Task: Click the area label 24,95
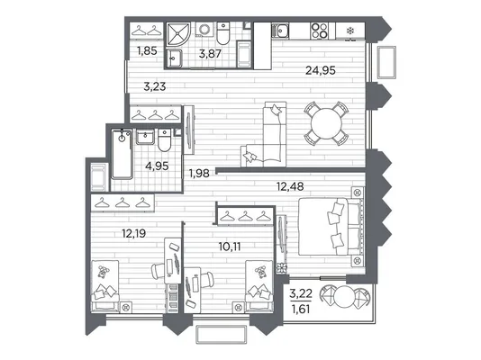321,70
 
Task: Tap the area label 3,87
210,54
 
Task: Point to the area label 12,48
290,186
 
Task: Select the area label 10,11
230,246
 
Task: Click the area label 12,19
133,234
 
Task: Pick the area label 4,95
157,166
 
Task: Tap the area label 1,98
199,174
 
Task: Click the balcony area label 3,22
301,293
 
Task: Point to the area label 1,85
147,51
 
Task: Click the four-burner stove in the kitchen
320,31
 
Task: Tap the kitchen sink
280,31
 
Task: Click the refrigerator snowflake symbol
349,31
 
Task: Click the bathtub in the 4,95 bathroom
123,154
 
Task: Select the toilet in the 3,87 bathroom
223,33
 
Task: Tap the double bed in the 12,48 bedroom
331,227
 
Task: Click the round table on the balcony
345,296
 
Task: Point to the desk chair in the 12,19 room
159,271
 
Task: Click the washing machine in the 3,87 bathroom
204,30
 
